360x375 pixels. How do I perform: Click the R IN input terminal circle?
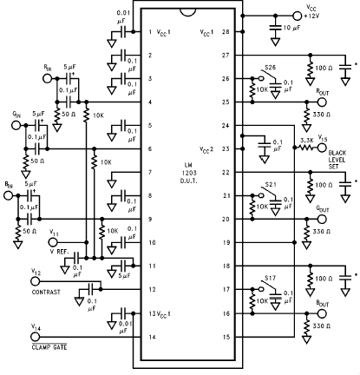coord(47,78)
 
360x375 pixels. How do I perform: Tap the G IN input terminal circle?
coord(16,125)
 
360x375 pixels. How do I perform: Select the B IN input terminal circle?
coord(9,196)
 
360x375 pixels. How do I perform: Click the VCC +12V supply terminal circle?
coord(297,16)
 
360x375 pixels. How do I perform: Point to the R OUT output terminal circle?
coord(322,102)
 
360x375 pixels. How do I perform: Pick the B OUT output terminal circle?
coord(322,313)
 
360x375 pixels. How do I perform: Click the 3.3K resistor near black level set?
coord(306,148)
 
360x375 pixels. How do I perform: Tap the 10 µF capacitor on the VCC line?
coord(276,27)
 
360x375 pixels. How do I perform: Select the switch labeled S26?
coord(267,75)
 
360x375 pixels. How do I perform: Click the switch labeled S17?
coord(267,286)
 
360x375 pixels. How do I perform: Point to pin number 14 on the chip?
coord(152,337)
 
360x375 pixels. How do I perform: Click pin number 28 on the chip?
coord(226,32)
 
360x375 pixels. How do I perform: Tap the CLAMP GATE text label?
coord(49,347)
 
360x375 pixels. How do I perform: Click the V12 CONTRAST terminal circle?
coord(35,281)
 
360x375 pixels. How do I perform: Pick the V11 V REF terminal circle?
coord(53,242)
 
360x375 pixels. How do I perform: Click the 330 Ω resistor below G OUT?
coord(306,233)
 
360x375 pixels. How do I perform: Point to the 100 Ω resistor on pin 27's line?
coord(311,69)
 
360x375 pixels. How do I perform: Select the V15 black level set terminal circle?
coord(322,148)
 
